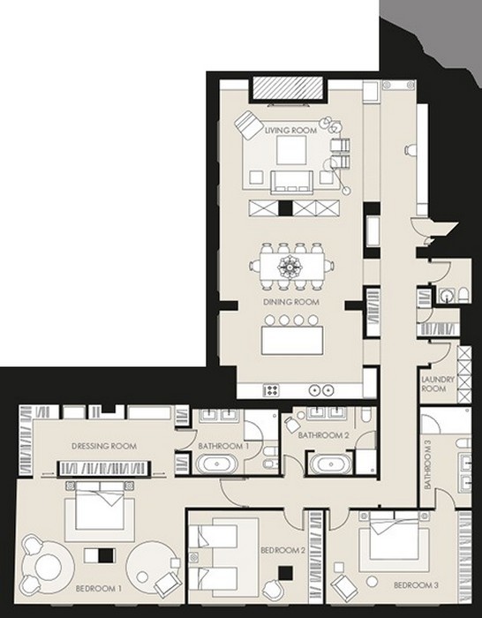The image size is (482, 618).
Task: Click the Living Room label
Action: click(290, 130)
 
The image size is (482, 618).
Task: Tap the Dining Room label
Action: click(290, 302)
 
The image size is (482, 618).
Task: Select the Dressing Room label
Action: click(104, 446)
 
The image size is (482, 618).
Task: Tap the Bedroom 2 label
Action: click(283, 550)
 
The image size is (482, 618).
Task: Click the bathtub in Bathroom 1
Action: click(217, 463)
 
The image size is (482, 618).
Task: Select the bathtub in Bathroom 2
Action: click(331, 463)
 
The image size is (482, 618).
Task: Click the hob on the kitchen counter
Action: click(271, 390)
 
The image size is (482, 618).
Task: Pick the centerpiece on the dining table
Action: click(290, 267)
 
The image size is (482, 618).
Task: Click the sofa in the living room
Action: click(291, 182)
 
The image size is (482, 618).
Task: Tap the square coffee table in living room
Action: click(291, 150)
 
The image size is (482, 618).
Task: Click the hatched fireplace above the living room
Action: click(287, 88)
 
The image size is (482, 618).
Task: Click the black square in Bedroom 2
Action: click(286, 573)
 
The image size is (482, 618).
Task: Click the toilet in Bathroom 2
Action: click(366, 414)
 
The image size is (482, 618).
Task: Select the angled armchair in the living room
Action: click(249, 124)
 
